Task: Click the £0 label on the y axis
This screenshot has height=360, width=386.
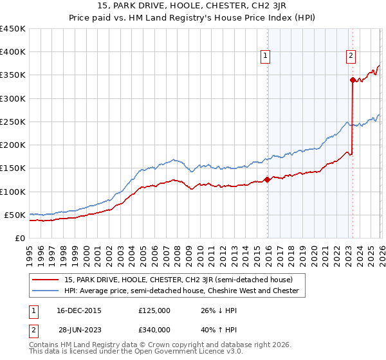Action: pos(21,238)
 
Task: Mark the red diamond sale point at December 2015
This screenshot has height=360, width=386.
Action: pos(268,180)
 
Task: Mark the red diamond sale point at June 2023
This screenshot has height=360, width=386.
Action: pos(353,80)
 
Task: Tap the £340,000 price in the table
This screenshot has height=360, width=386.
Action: pos(155,330)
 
